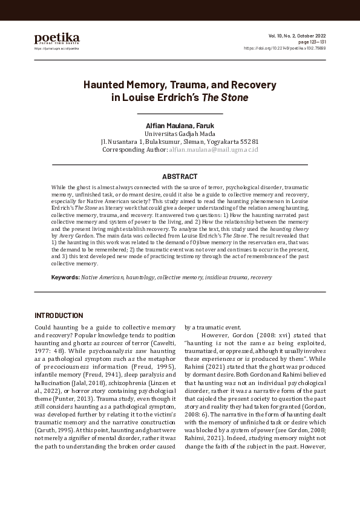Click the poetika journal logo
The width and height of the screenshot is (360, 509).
click(x=56, y=39)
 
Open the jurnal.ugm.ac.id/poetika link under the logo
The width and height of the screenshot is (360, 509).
click(x=56, y=48)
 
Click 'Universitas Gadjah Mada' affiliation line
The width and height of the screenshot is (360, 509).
click(x=180, y=134)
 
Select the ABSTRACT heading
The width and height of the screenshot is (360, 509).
click(x=180, y=177)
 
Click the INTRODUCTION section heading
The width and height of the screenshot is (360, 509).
click(x=59, y=316)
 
